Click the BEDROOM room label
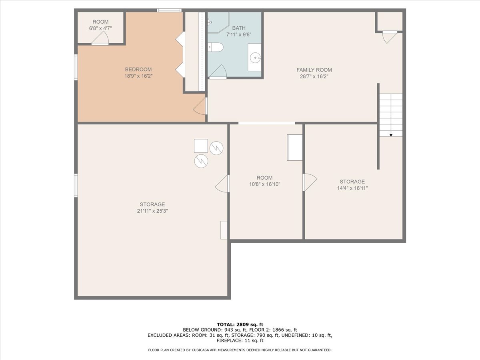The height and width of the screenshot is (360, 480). pyautogui.click(x=138, y=69)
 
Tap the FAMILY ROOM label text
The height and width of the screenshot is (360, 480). pyautogui.click(x=314, y=70)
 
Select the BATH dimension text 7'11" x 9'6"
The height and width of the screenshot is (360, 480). pyautogui.click(x=239, y=34)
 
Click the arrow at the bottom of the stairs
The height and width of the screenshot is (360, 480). pyautogui.click(x=391, y=134)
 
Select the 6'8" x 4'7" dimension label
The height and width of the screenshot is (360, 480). pyautogui.click(x=100, y=28)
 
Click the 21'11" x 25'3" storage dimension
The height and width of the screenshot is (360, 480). pyautogui.click(x=152, y=211)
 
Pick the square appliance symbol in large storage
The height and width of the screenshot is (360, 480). pyautogui.click(x=201, y=146)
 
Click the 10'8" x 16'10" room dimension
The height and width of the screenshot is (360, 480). pyautogui.click(x=264, y=184)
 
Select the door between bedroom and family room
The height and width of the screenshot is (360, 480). pyautogui.click(x=200, y=107)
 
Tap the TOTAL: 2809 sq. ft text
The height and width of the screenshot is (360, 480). pyautogui.click(x=240, y=324)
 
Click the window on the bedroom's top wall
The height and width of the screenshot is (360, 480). pyautogui.click(x=169, y=10)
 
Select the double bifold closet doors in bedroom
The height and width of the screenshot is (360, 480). pyautogui.click(x=180, y=55)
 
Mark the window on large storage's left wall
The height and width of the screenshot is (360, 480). pyautogui.click(x=76, y=185)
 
